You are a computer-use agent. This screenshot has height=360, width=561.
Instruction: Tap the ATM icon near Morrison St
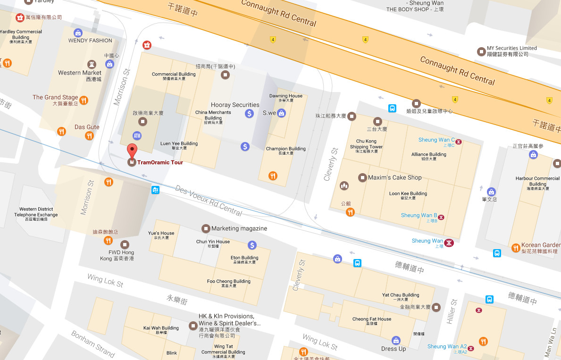tap(137, 135)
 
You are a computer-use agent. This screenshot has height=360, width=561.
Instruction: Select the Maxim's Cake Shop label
tap(394, 177)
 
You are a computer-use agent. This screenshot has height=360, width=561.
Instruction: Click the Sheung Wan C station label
tap(436, 140)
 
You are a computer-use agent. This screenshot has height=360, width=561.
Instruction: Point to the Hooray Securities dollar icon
tap(250, 113)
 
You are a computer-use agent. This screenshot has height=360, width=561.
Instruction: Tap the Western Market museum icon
tap(92, 64)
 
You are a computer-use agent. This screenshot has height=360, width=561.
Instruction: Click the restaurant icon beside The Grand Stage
tap(84, 100)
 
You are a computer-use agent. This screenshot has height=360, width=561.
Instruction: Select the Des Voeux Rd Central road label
tap(209, 201)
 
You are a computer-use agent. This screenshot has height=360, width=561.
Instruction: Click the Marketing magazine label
tap(239, 228)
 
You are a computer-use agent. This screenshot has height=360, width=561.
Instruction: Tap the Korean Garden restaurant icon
tap(516, 247)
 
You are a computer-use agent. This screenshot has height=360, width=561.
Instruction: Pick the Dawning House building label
tap(285, 96)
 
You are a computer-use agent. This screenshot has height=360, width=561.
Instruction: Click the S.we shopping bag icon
tap(282, 113)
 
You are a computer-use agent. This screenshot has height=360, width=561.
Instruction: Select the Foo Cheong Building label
tap(229, 282)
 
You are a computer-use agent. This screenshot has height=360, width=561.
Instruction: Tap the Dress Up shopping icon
tap(396, 340)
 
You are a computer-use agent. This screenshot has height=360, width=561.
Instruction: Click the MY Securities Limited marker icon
tap(481, 51)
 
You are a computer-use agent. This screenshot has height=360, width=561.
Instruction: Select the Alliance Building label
tap(428, 154)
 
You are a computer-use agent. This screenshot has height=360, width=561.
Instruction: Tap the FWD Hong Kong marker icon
tap(125, 244)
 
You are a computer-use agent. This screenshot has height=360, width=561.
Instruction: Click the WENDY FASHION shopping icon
tap(78, 33)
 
